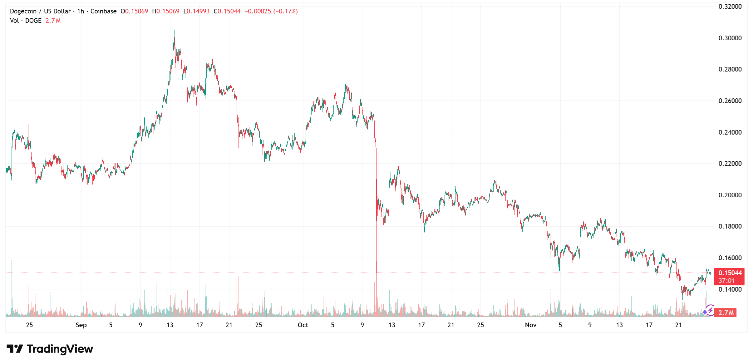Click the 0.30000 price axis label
pos(730,38)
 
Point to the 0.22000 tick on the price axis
pos(730,164)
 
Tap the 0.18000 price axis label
pos(730,226)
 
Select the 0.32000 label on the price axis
pos(730,7)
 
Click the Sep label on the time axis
pos(81,325)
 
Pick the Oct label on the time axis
pos(303,325)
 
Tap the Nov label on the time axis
pos(531,325)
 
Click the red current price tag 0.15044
pos(730,273)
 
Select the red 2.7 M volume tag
pos(726,313)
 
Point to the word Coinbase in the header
pos(103,11)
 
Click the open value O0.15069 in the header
pos(134,11)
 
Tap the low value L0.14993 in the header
pos(196,11)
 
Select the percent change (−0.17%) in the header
pos(285,11)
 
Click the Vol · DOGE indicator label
pos(26,21)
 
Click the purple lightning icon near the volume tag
pos(709,310)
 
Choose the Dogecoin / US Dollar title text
pos(40,11)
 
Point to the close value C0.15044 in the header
pos(227,11)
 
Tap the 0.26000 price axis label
pos(730,101)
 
